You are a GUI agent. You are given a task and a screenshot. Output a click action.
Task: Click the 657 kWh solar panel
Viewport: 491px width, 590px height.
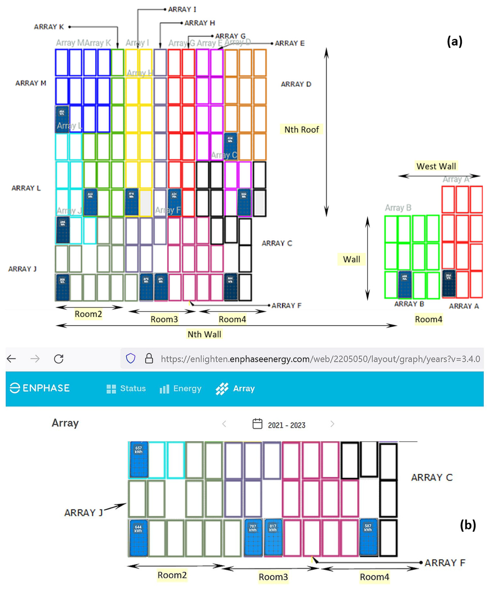139,460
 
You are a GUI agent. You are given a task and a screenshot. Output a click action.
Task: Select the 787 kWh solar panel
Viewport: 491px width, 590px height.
253,537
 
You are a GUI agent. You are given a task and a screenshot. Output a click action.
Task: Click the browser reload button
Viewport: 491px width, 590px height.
59,359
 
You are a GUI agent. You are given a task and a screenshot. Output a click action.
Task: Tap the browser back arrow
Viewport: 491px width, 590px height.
12,359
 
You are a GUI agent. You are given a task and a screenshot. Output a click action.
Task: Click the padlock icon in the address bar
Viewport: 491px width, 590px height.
149,359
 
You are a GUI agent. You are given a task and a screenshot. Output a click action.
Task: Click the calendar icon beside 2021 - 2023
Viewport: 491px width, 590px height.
257,424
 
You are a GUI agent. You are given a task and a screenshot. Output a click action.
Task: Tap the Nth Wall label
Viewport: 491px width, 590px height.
204,334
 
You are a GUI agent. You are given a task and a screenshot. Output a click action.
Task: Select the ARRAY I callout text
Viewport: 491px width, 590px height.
182,10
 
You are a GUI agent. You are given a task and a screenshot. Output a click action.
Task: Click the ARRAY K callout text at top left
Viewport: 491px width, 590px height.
49,27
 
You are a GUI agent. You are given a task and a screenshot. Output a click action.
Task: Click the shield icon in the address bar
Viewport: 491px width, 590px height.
131,359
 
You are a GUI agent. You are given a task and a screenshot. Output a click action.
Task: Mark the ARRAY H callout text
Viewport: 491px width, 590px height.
200,23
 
